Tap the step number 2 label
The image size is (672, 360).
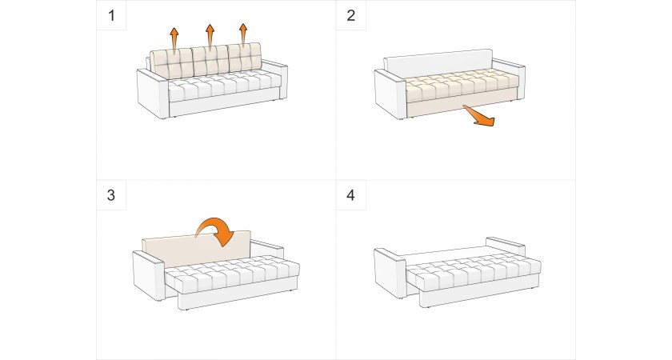(x=350, y=15)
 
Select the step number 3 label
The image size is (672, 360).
(x=110, y=195)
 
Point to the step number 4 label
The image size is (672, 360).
(x=350, y=195)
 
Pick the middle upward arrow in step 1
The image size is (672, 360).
(x=210, y=35)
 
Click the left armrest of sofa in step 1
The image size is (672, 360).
(x=152, y=94)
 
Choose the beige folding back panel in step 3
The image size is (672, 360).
(x=184, y=250)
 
